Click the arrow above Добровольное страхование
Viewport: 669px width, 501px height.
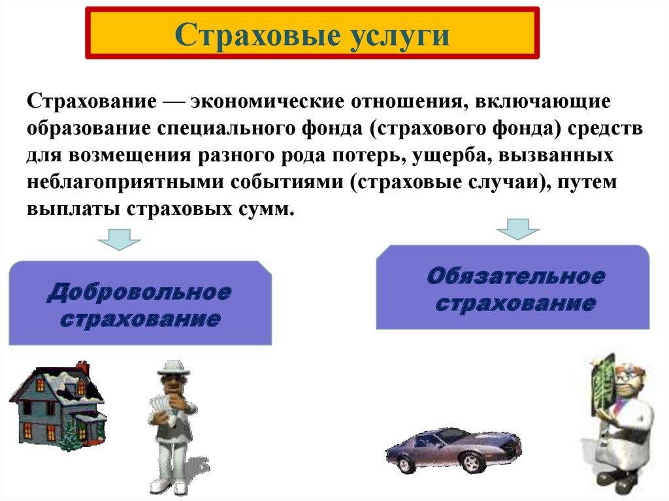(x=120, y=239)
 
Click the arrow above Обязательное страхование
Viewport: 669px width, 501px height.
(x=518, y=227)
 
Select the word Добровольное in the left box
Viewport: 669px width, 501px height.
(x=139, y=292)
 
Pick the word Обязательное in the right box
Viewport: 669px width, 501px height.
(x=515, y=276)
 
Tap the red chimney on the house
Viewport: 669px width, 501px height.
(x=82, y=369)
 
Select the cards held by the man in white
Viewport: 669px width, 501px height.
(x=159, y=408)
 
